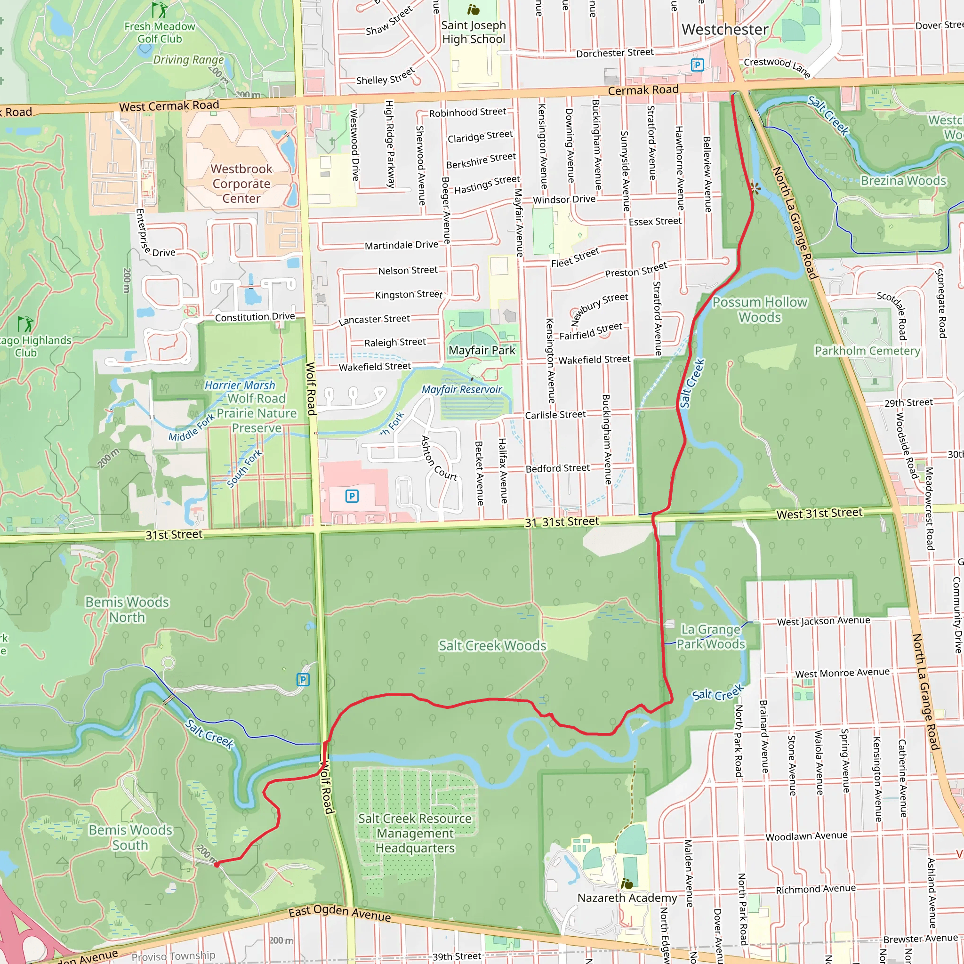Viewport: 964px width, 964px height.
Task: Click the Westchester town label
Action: [724, 30]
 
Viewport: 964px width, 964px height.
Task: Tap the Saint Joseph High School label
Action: [473, 32]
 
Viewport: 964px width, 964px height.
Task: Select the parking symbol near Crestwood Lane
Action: [697, 65]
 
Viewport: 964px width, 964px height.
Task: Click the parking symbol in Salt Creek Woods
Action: [303, 679]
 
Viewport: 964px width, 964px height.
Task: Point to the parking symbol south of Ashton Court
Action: [352, 496]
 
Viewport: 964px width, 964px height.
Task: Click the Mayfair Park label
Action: [482, 350]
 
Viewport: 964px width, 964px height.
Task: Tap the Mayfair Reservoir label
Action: [462, 389]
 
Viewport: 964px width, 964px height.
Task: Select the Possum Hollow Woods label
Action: [759, 309]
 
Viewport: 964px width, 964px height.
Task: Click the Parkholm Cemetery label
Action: [867, 351]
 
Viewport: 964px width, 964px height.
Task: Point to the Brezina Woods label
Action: [903, 181]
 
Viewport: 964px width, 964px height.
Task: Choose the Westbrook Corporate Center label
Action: [241, 184]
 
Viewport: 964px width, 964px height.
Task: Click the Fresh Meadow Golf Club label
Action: [160, 32]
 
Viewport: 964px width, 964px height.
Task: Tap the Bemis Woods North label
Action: [127, 609]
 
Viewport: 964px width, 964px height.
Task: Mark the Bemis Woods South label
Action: [130, 837]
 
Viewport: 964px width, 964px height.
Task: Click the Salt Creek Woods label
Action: [492, 646]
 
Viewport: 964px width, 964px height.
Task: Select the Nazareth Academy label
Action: [627, 898]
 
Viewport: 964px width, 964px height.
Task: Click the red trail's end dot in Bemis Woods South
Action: [217, 864]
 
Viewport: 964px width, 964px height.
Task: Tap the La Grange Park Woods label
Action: [710, 637]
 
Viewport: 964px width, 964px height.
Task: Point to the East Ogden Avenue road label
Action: [339, 913]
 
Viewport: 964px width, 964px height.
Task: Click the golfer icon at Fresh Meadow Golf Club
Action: [159, 9]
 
